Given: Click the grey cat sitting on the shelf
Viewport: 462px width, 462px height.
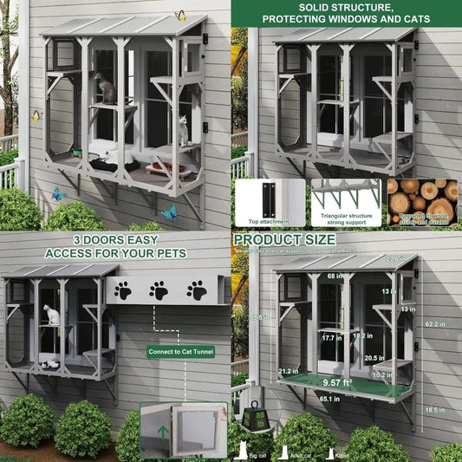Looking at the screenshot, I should (107, 88).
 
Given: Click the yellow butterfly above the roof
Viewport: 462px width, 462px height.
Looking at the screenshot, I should (180, 15).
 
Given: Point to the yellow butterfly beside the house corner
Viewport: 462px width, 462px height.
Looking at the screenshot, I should (36, 115).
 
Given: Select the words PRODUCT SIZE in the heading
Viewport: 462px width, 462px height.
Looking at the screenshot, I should (283, 238).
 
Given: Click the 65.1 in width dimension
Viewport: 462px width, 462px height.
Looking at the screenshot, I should (329, 400).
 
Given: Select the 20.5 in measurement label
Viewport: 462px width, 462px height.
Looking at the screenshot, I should (374, 358).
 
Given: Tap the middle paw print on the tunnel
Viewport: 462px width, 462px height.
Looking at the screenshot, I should (158, 290).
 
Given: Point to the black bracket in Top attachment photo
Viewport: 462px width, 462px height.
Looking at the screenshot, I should (270, 198).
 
